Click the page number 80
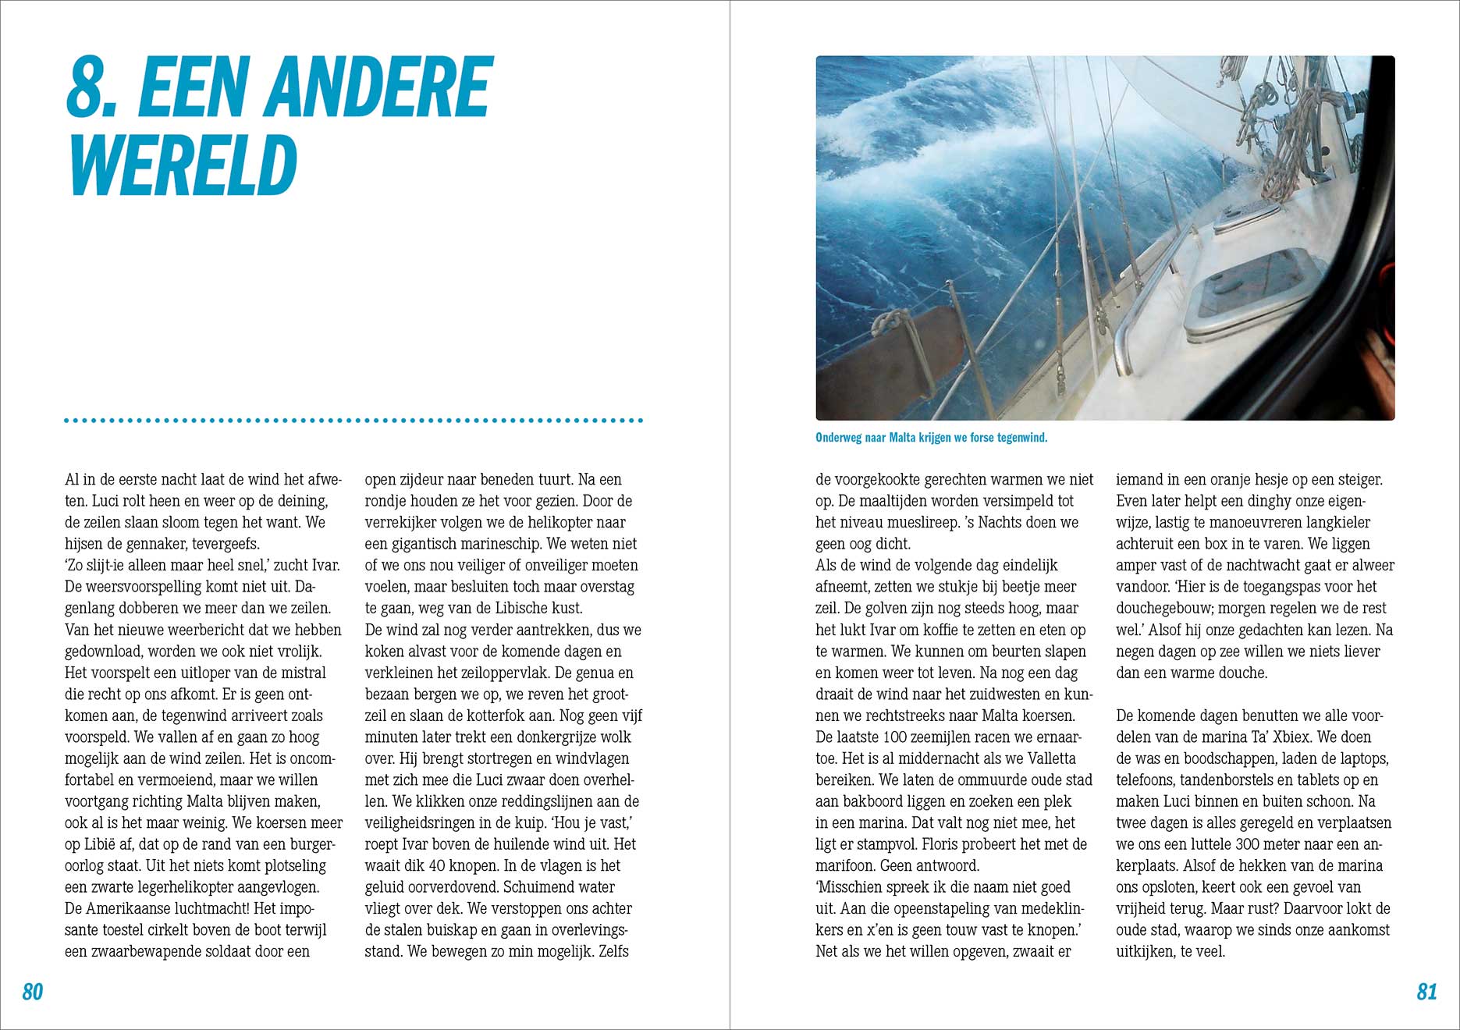click(x=33, y=991)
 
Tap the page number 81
click(x=1426, y=991)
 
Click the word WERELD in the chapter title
click(x=184, y=165)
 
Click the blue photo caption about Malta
click(x=931, y=438)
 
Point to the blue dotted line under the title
click(x=353, y=421)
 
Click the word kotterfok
click(x=518, y=716)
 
